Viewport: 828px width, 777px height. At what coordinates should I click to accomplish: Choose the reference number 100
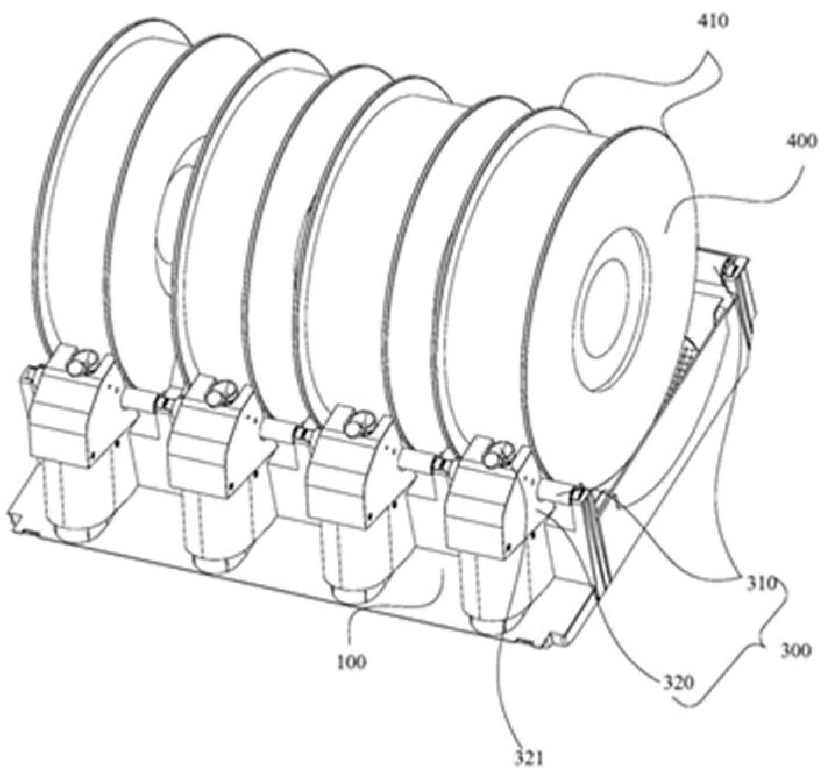click(351, 661)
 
